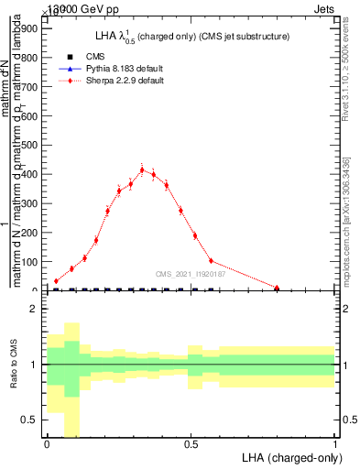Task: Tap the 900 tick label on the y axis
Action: (27, 28)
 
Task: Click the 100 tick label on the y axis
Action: (27, 262)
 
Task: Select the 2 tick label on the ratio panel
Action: (33, 309)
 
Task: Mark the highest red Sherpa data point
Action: (142, 169)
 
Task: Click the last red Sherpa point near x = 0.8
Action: (277, 288)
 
